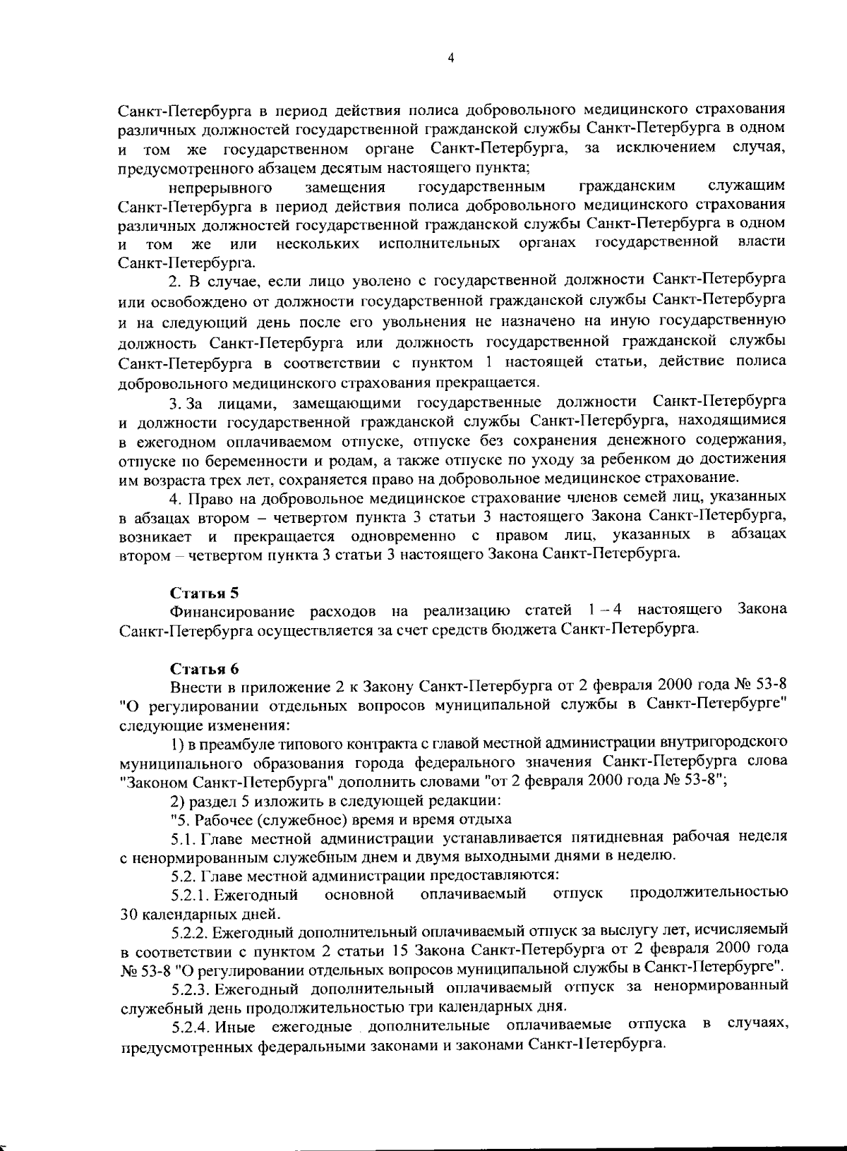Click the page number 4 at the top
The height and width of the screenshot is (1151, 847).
pos(450,59)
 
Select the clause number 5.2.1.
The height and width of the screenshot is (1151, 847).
pos(190,895)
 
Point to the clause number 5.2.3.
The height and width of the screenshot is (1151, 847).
pos(190,986)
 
